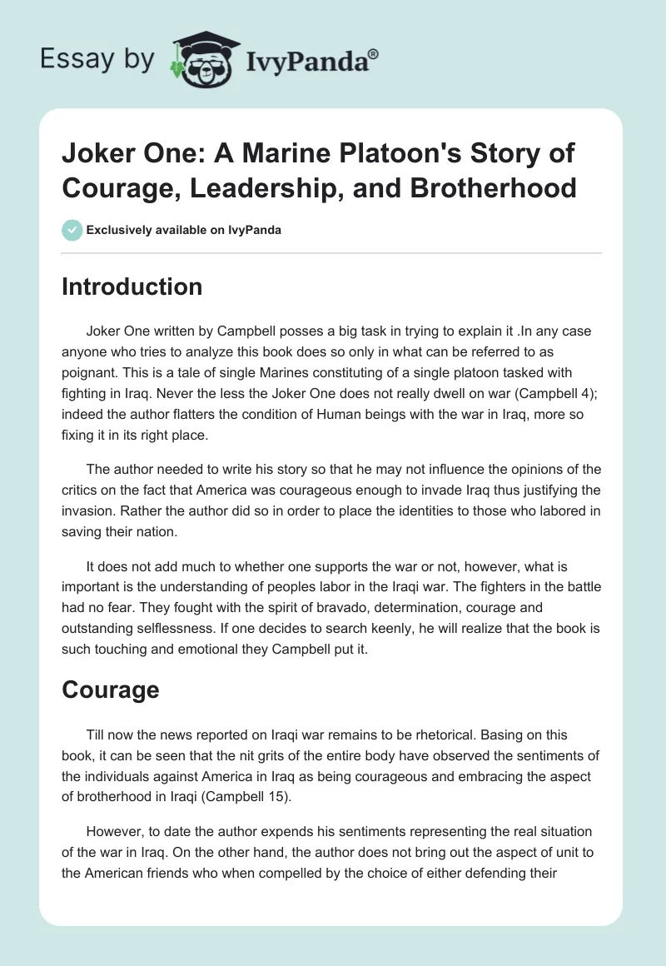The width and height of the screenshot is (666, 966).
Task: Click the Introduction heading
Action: [132, 286]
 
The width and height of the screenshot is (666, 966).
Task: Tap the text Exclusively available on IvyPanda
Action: [184, 230]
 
